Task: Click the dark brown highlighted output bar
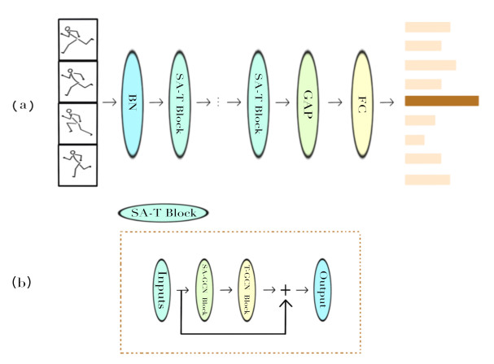(441, 101)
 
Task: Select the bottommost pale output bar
(427, 179)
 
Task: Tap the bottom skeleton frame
(79, 166)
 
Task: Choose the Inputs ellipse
(161, 284)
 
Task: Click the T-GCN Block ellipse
(249, 285)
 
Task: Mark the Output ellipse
(326, 284)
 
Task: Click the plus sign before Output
(286, 288)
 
